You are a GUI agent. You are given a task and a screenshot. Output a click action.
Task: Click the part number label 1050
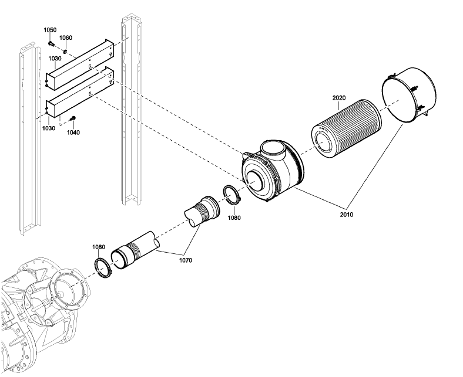(50, 30)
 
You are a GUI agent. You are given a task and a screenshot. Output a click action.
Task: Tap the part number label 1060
(66, 38)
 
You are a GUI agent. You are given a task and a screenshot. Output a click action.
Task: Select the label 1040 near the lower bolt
(73, 133)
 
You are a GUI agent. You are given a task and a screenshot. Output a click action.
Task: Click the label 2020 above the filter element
(338, 97)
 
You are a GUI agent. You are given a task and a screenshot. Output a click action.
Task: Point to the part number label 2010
(346, 215)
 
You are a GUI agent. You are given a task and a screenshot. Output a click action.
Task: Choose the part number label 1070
(186, 260)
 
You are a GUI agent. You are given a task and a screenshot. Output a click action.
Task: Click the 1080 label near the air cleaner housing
(234, 218)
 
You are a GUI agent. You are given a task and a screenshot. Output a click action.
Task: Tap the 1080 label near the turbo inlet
(99, 247)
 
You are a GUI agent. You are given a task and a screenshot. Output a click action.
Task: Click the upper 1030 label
(55, 59)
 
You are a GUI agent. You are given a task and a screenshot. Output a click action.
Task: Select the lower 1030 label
(48, 128)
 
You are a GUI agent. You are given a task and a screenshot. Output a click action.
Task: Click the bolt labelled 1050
(51, 44)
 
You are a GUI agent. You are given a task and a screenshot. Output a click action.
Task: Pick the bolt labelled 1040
(72, 118)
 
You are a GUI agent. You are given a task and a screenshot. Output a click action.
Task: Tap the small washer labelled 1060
(66, 52)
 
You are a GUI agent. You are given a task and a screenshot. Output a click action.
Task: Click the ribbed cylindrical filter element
(347, 129)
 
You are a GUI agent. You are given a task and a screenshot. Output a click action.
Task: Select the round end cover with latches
(409, 95)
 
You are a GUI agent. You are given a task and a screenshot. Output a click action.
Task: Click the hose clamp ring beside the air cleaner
(231, 195)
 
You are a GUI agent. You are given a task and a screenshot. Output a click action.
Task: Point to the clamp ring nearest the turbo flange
(103, 268)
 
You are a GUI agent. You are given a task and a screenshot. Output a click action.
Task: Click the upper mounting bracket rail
(80, 64)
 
